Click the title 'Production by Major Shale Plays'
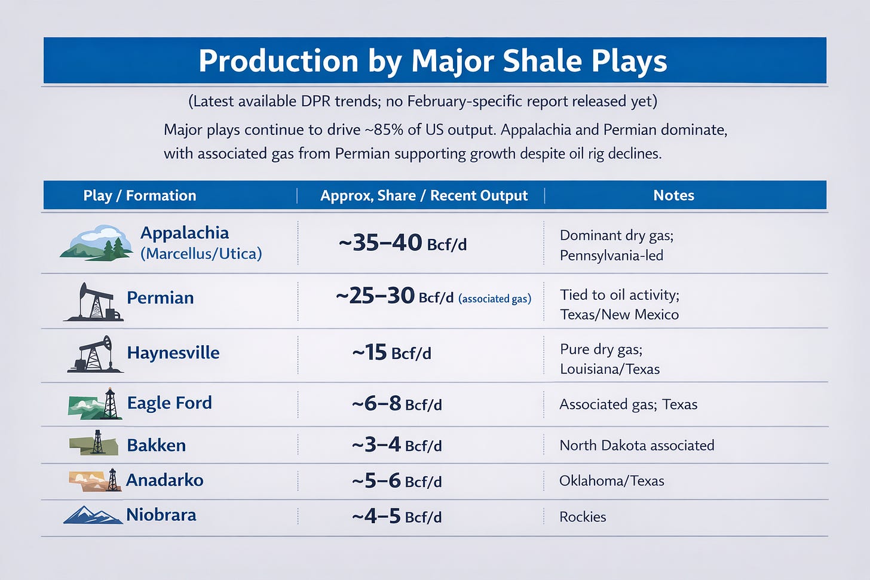433,61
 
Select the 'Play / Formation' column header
139,195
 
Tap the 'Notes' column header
673,195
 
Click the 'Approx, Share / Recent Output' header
424,195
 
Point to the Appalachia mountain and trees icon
96,243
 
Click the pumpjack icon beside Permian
94,302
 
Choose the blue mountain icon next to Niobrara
93,515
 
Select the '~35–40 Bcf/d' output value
403,243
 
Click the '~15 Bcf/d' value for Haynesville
391,352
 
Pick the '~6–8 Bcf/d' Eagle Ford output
397,404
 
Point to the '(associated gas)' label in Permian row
495,299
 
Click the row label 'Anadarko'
165,480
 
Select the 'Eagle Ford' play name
169,403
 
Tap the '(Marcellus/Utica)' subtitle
201,254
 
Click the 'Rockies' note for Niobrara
583,517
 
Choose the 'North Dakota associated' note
636,445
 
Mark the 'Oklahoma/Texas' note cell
612,481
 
